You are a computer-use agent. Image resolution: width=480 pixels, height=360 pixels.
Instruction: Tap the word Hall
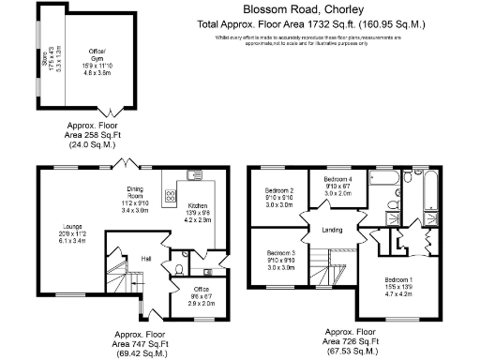[120, 258]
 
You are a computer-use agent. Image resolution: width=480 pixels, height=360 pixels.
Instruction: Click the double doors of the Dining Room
[124, 164]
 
